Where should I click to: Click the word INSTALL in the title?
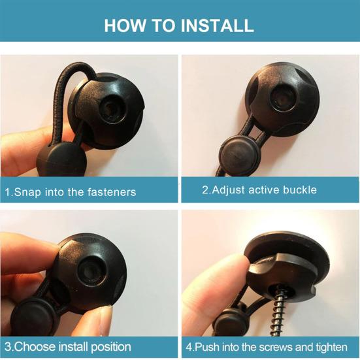(x=217, y=25)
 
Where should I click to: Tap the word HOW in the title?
(x=125, y=25)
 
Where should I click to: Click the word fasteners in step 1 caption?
(x=112, y=192)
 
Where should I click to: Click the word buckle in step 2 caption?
(x=300, y=190)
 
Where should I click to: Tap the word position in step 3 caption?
(x=111, y=348)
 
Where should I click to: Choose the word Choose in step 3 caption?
(x=35, y=347)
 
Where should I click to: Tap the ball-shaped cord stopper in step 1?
(x=61, y=161)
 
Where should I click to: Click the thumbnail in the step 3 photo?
(x=101, y=321)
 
